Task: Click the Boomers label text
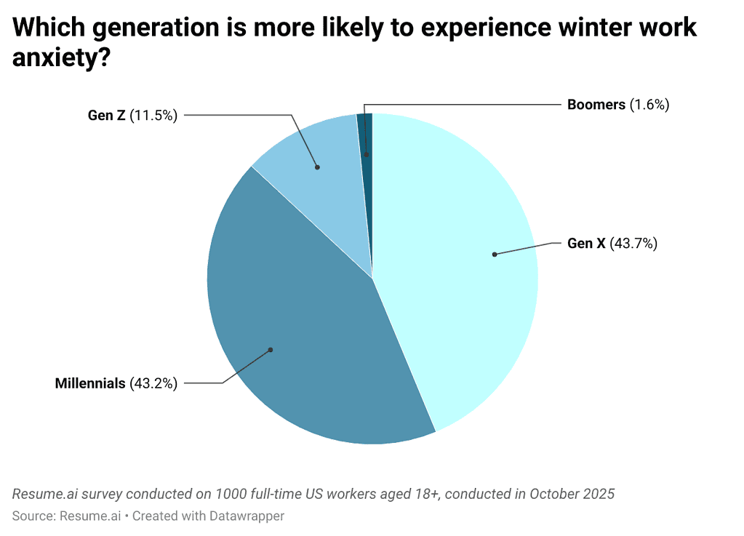point(596,105)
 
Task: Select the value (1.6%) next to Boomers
point(649,105)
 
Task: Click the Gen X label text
point(585,244)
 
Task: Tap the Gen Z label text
point(106,115)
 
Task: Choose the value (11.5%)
point(153,115)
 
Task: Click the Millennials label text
point(90,383)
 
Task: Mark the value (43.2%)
point(153,383)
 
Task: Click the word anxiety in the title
point(61,57)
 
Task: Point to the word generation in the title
point(145,28)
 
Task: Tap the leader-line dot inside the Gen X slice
point(494,255)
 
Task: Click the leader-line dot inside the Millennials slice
point(270,350)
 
